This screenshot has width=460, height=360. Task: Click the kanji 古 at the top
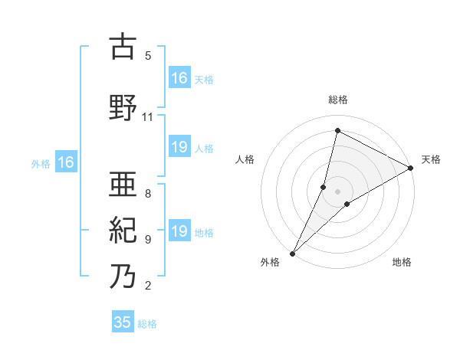tap(123, 47)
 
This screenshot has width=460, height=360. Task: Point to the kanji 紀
tap(123, 229)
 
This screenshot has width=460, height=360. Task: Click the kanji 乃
tap(123, 276)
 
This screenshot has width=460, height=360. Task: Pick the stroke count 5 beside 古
tap(148, 56)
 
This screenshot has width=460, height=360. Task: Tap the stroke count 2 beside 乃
tap(148, 286)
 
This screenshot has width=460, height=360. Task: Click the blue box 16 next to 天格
tap(179, 78)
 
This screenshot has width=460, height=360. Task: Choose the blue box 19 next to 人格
tap(179, 147)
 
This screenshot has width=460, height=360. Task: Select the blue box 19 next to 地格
tap(179, 231)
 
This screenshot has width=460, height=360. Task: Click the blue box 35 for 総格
tap(123, 322)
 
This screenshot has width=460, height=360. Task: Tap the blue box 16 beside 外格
tap(65, 162)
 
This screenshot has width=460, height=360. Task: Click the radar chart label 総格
tap(338, 100)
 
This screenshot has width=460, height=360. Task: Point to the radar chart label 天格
tap(431, 159)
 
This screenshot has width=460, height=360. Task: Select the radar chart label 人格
tap(245, 159)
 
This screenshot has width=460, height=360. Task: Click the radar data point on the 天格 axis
tap(411, 168)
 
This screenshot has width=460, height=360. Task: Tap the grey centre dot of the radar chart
tap(338, 191)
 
